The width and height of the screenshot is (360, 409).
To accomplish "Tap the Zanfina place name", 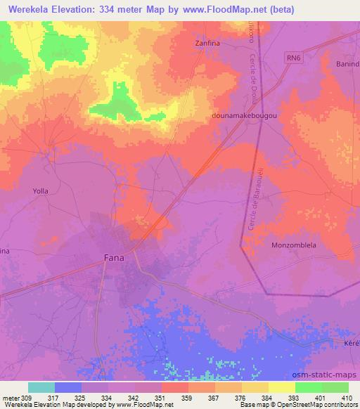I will click(207, 43).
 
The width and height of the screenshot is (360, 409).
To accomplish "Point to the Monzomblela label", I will click(293, 245).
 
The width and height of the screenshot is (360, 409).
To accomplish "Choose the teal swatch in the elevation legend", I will click(41, 387).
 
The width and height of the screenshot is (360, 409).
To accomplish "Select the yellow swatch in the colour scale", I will click(281, 387).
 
